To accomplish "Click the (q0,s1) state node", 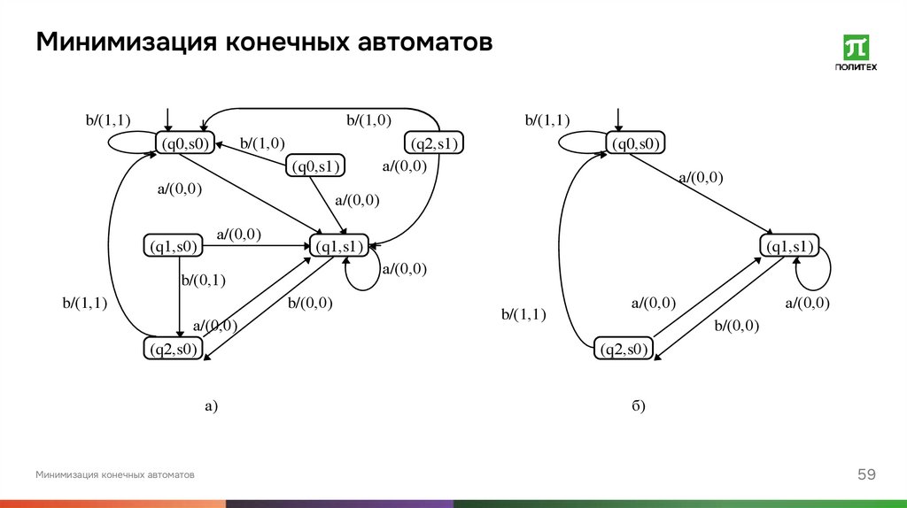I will [x=315, y=165].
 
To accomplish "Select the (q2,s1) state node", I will [x=436, y=143].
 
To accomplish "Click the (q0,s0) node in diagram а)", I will [x=184, y=143].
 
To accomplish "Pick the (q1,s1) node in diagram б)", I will [x=788, y=246].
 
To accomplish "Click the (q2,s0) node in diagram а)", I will [x=173, y=350].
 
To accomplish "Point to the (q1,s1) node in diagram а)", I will [x=337, y=246].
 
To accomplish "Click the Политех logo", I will [x=857, y=53].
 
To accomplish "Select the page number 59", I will [x=866, y=475].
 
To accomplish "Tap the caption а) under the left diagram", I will [x=211, y=407].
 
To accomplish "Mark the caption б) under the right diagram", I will [x=639, y=407].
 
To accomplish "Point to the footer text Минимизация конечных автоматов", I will [x=115, y=475].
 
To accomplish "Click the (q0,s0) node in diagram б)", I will [x=636, y=143].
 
